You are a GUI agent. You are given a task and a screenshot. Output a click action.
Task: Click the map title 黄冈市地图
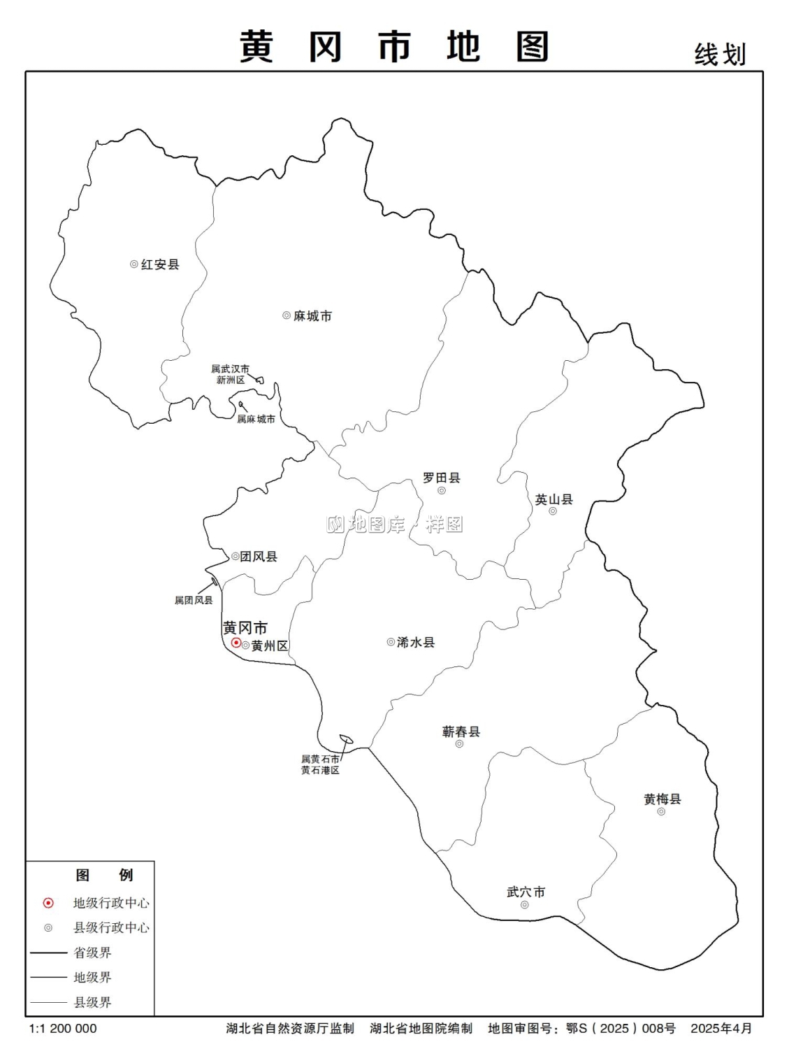[x=394, y=48]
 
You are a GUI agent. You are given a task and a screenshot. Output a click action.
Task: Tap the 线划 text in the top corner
[x=720, y=55]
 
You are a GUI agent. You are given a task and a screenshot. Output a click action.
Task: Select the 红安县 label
[x=160, y=264]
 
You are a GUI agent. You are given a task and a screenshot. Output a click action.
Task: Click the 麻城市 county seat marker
[x=287, y=315]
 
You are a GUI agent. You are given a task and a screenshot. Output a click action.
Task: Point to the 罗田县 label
[x=442, y=478]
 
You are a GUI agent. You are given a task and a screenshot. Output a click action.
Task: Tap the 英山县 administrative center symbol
[x=553, y=511]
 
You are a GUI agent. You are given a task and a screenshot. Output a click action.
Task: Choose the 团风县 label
[x=259, y=557]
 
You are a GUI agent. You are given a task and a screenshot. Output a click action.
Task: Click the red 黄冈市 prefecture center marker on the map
[x=236, y=643]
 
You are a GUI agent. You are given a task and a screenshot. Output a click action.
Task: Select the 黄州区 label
[x=270, y=645]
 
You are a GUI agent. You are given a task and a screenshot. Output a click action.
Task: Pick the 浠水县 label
[x=416, y=642]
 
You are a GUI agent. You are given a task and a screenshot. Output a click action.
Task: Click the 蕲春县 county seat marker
[x=459, y=744]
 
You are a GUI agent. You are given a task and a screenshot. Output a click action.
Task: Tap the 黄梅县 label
[x=662, y=799]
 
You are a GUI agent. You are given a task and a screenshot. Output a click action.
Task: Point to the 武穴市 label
[x=526, y=892]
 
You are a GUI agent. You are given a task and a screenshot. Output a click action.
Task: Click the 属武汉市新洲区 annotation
[x=230, y=374]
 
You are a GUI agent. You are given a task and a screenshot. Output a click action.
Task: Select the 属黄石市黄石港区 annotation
[x=320, y=764]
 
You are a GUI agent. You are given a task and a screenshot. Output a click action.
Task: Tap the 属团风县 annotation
[x=194, y=600]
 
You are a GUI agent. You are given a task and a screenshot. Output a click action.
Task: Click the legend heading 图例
[x=103, y=875]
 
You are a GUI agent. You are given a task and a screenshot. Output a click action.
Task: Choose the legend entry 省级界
[x=92, y=952]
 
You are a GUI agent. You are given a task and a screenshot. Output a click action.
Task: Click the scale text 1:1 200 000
[x=63, y=1029]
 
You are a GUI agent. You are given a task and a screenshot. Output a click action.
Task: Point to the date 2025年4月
[x=721, y=1029]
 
